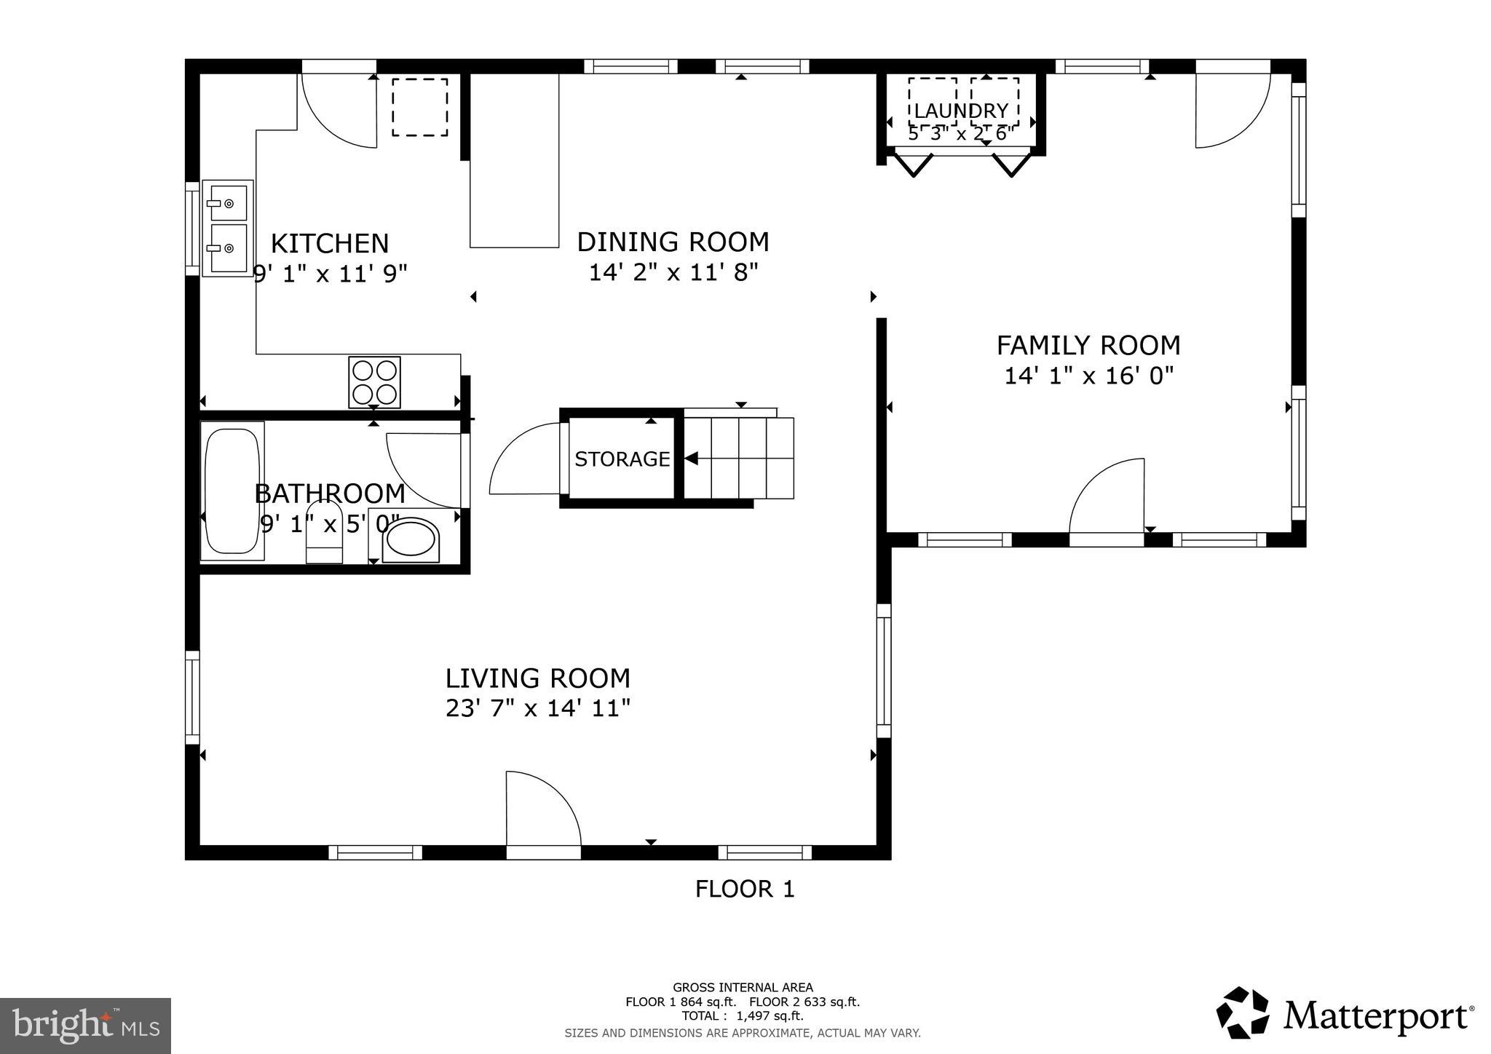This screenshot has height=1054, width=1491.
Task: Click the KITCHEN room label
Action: (x=330, y=243)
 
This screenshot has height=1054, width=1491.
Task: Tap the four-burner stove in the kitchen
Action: (x=374, y=382)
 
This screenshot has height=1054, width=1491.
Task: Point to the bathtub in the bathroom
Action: (x=232, y=491)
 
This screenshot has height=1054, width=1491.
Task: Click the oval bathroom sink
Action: (x=411, y=539)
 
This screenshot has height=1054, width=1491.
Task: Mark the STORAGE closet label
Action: (x=622, y=459)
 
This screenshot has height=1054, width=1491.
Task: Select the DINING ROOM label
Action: (x=673, y=242)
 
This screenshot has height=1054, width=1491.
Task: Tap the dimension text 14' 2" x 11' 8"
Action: (x=673, y=273)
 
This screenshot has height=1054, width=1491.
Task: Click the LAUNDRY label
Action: (x=961, y=111)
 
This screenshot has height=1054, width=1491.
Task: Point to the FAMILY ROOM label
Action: (x=1088, y=345)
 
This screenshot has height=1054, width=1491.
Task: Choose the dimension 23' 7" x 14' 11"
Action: (x=537, y=708)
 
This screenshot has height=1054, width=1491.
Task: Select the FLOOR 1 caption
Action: (x=744, y=889)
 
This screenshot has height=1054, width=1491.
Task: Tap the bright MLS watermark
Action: (x=85, y=1026)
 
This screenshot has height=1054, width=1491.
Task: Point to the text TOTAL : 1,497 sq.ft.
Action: (x=742, y=1016)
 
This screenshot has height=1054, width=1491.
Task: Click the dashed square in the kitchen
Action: (x=420, y=107)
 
